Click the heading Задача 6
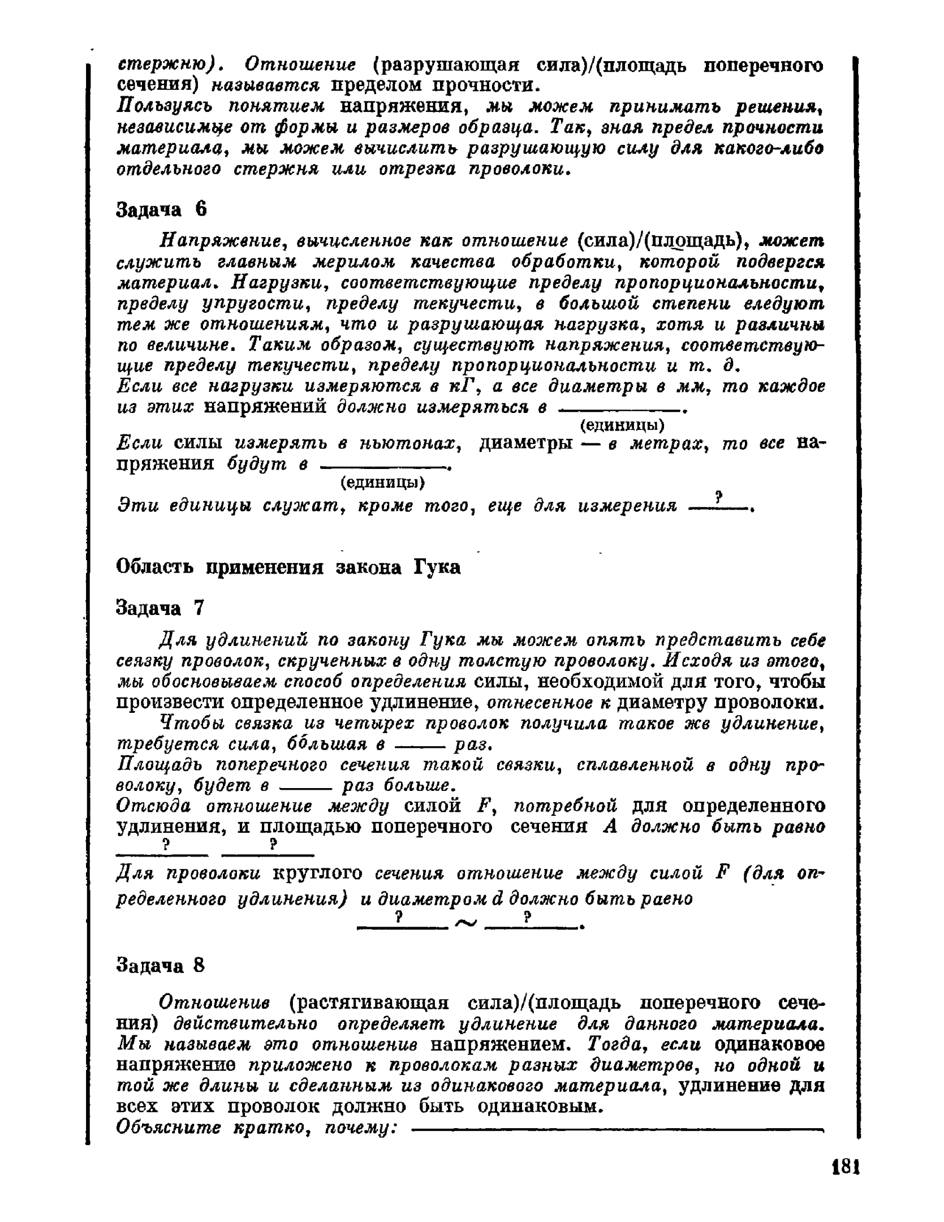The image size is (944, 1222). click(162, 209)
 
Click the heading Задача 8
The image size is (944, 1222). click(160, 965)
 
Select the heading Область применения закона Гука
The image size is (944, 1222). click(288, 567)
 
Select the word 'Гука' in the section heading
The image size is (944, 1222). click(438, 567)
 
